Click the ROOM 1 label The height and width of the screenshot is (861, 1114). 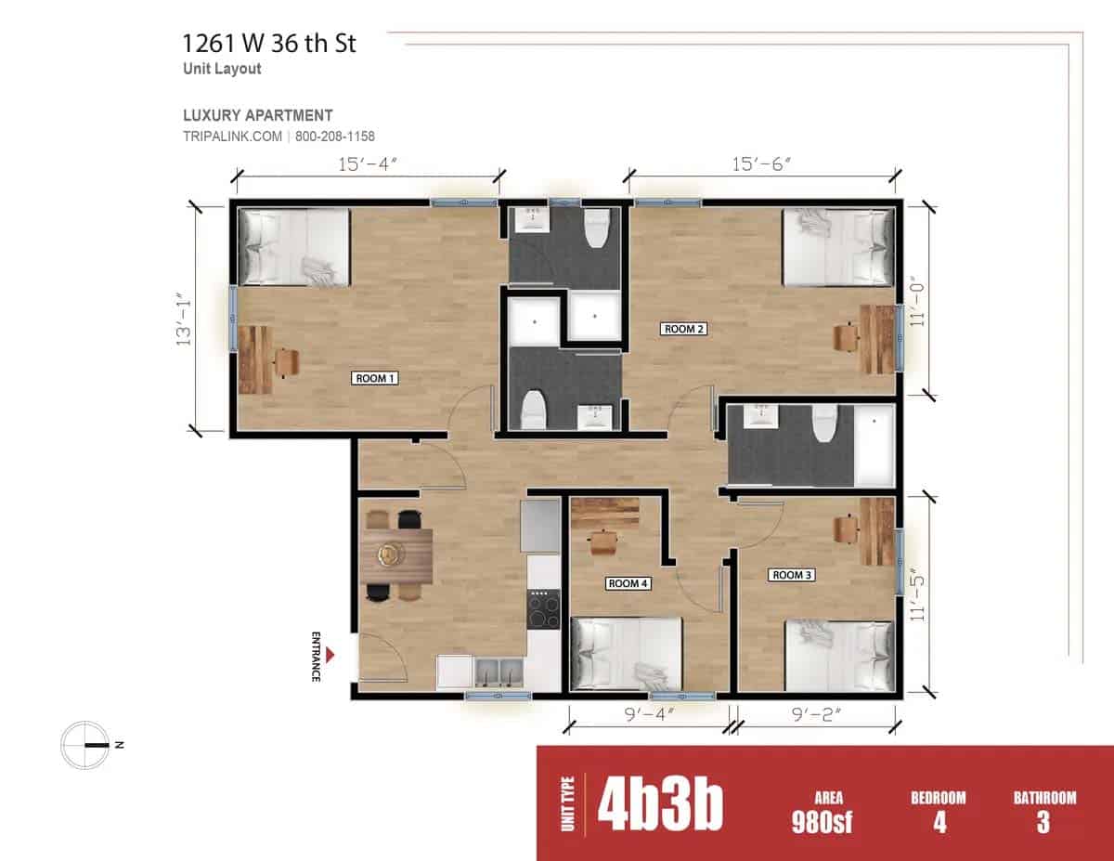(x=376, y=378)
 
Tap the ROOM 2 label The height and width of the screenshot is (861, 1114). (x=684, y=329)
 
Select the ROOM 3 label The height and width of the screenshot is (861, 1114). (x=792, y=575)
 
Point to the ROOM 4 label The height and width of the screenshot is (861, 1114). (x=628, y=583)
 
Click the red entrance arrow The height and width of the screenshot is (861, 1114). (x=330, y=656)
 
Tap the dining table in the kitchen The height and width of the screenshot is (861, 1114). (x=396, y=555)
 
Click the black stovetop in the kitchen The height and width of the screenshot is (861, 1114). (x=544, y=609)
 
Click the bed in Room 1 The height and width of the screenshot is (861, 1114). (x=294, y=247)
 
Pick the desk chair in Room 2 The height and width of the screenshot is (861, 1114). (x=845, y=337)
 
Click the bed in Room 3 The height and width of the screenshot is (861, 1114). (x=839, y=656)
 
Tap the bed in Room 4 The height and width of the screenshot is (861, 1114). (x=626, y=654)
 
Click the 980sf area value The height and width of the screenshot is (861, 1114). (x=823, y=821)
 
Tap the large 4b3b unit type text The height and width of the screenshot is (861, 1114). (x=659, y=803)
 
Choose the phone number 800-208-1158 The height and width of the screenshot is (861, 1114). (x=335, y=137)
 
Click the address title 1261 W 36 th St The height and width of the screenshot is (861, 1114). (x=269, y=43)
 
